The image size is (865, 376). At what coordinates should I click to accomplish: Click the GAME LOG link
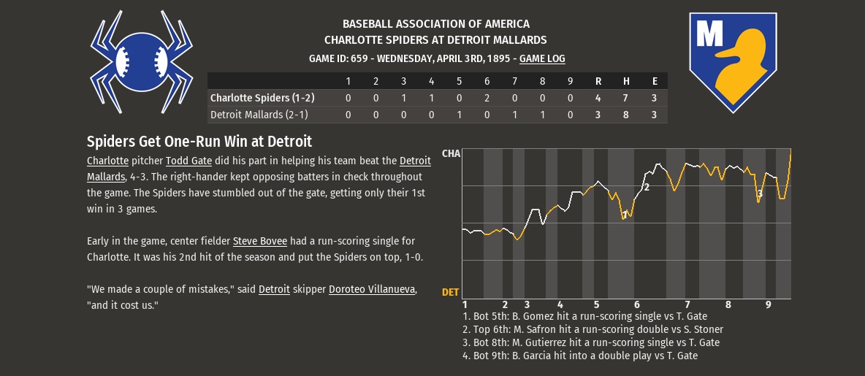point(542,58)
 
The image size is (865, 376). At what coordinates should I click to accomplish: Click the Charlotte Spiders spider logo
point(141,62)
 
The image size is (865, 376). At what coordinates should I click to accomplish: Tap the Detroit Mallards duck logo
point(733,62)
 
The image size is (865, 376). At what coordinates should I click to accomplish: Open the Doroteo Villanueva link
point(372,289)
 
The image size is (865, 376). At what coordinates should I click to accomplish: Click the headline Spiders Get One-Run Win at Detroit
point(199,141)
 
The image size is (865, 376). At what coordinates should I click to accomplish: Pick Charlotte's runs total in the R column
point(598,98)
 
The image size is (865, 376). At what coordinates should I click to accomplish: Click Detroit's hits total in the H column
point(626,115)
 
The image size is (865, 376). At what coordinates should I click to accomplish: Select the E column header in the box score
point(655,82)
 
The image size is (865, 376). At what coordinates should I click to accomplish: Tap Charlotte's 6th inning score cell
point(487,98)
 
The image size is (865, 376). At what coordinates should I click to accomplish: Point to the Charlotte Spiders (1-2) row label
point(262,98)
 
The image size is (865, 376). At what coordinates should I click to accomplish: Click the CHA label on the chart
point(451,154)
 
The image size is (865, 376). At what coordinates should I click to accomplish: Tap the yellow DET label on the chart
point(451,292)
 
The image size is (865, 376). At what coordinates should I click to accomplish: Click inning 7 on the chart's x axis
point(687,305)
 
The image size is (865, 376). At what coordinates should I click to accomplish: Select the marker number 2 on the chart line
point(647,188)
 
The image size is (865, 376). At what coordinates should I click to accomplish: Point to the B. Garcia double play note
point(580,356)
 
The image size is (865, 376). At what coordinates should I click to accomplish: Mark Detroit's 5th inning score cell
point(459,115)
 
